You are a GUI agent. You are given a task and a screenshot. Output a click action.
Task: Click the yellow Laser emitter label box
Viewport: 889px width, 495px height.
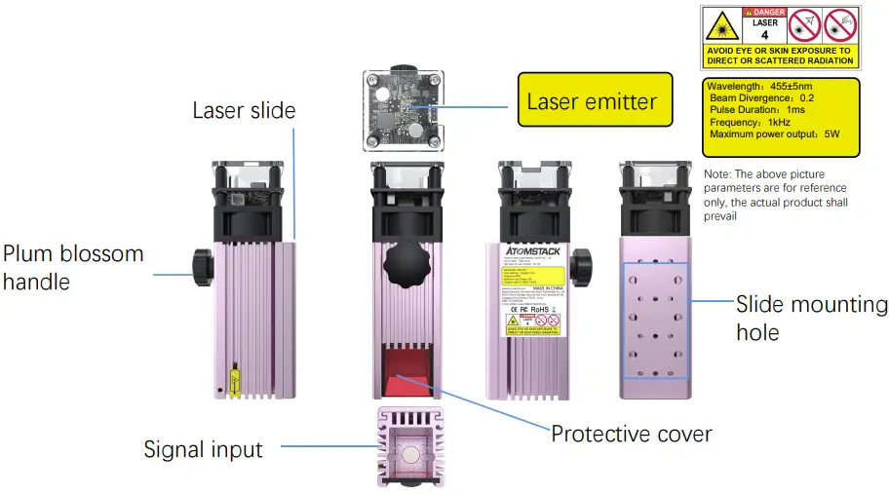pos(594,100)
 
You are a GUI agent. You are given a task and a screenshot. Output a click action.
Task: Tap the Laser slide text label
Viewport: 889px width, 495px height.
pos(243,110)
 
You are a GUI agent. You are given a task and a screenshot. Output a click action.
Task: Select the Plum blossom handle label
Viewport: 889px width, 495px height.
pos(73,268)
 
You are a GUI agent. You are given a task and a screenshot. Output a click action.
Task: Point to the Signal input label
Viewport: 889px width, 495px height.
pos(203,449)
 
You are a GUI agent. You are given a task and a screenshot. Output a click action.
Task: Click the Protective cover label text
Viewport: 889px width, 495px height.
pos(631,434)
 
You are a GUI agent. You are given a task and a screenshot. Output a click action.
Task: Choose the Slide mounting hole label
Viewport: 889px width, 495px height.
pos(811,318)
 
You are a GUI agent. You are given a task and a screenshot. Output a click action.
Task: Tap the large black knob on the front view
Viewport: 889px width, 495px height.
pos(407,261)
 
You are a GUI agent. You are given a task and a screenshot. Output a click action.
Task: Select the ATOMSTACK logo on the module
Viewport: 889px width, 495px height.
pos(530,251)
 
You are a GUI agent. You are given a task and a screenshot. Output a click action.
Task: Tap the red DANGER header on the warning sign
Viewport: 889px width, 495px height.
pos(763,12)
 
